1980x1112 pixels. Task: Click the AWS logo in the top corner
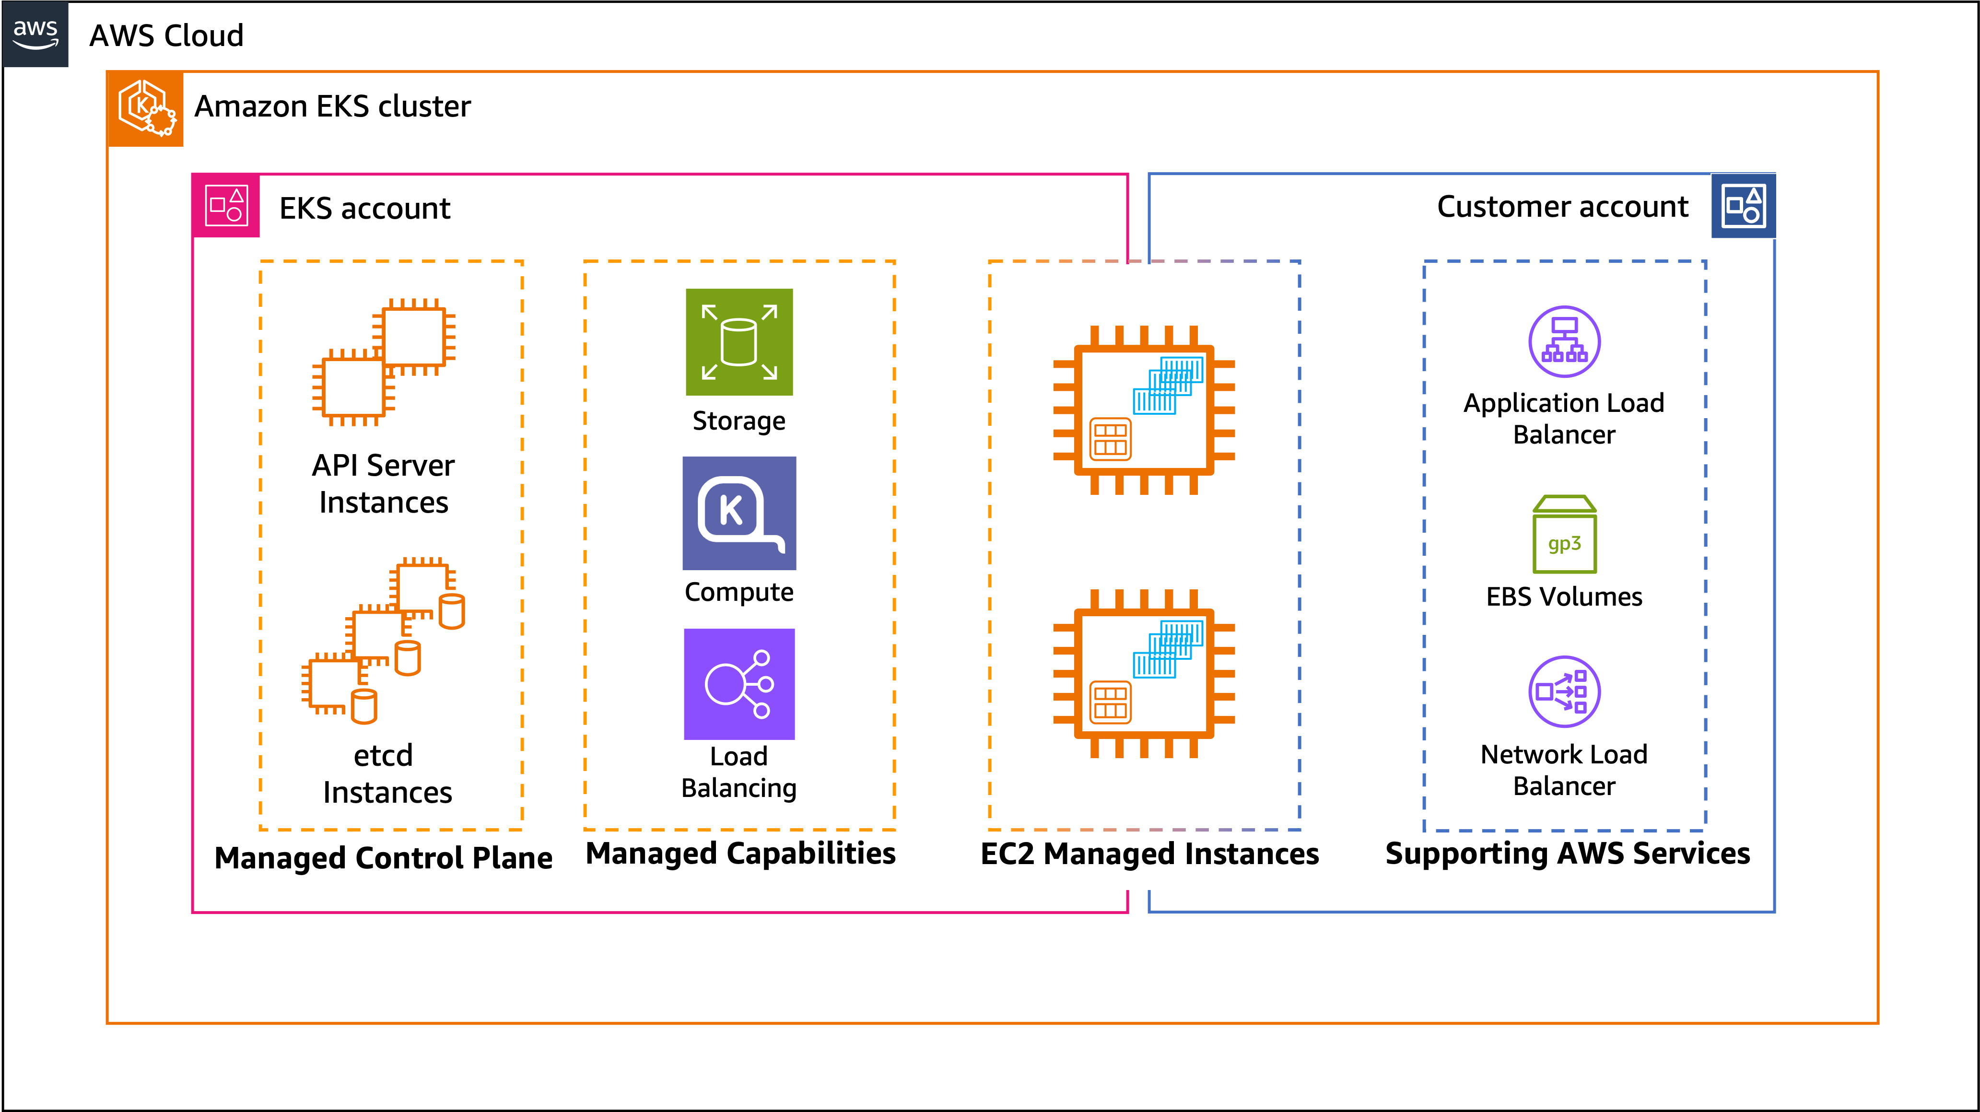[x=35, y=35]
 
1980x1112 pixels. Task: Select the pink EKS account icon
[x=227, y=206]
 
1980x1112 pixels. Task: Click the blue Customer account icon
[x=1743, y=206]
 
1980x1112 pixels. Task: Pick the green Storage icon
[x=738, y=342]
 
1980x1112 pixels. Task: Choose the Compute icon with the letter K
[x=738, y=514]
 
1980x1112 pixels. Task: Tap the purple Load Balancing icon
[x=738, y=684]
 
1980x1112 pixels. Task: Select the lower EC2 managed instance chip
[x=1144, y=674]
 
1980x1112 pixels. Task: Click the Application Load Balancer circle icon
[x=1564, y=342]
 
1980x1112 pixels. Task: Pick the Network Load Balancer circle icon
[x=1564, y=691]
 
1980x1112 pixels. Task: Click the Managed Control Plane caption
[x=384, y=858]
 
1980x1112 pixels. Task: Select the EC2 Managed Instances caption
[x=1150, y=854]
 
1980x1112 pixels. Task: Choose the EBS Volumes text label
[x=1564, y=597]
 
